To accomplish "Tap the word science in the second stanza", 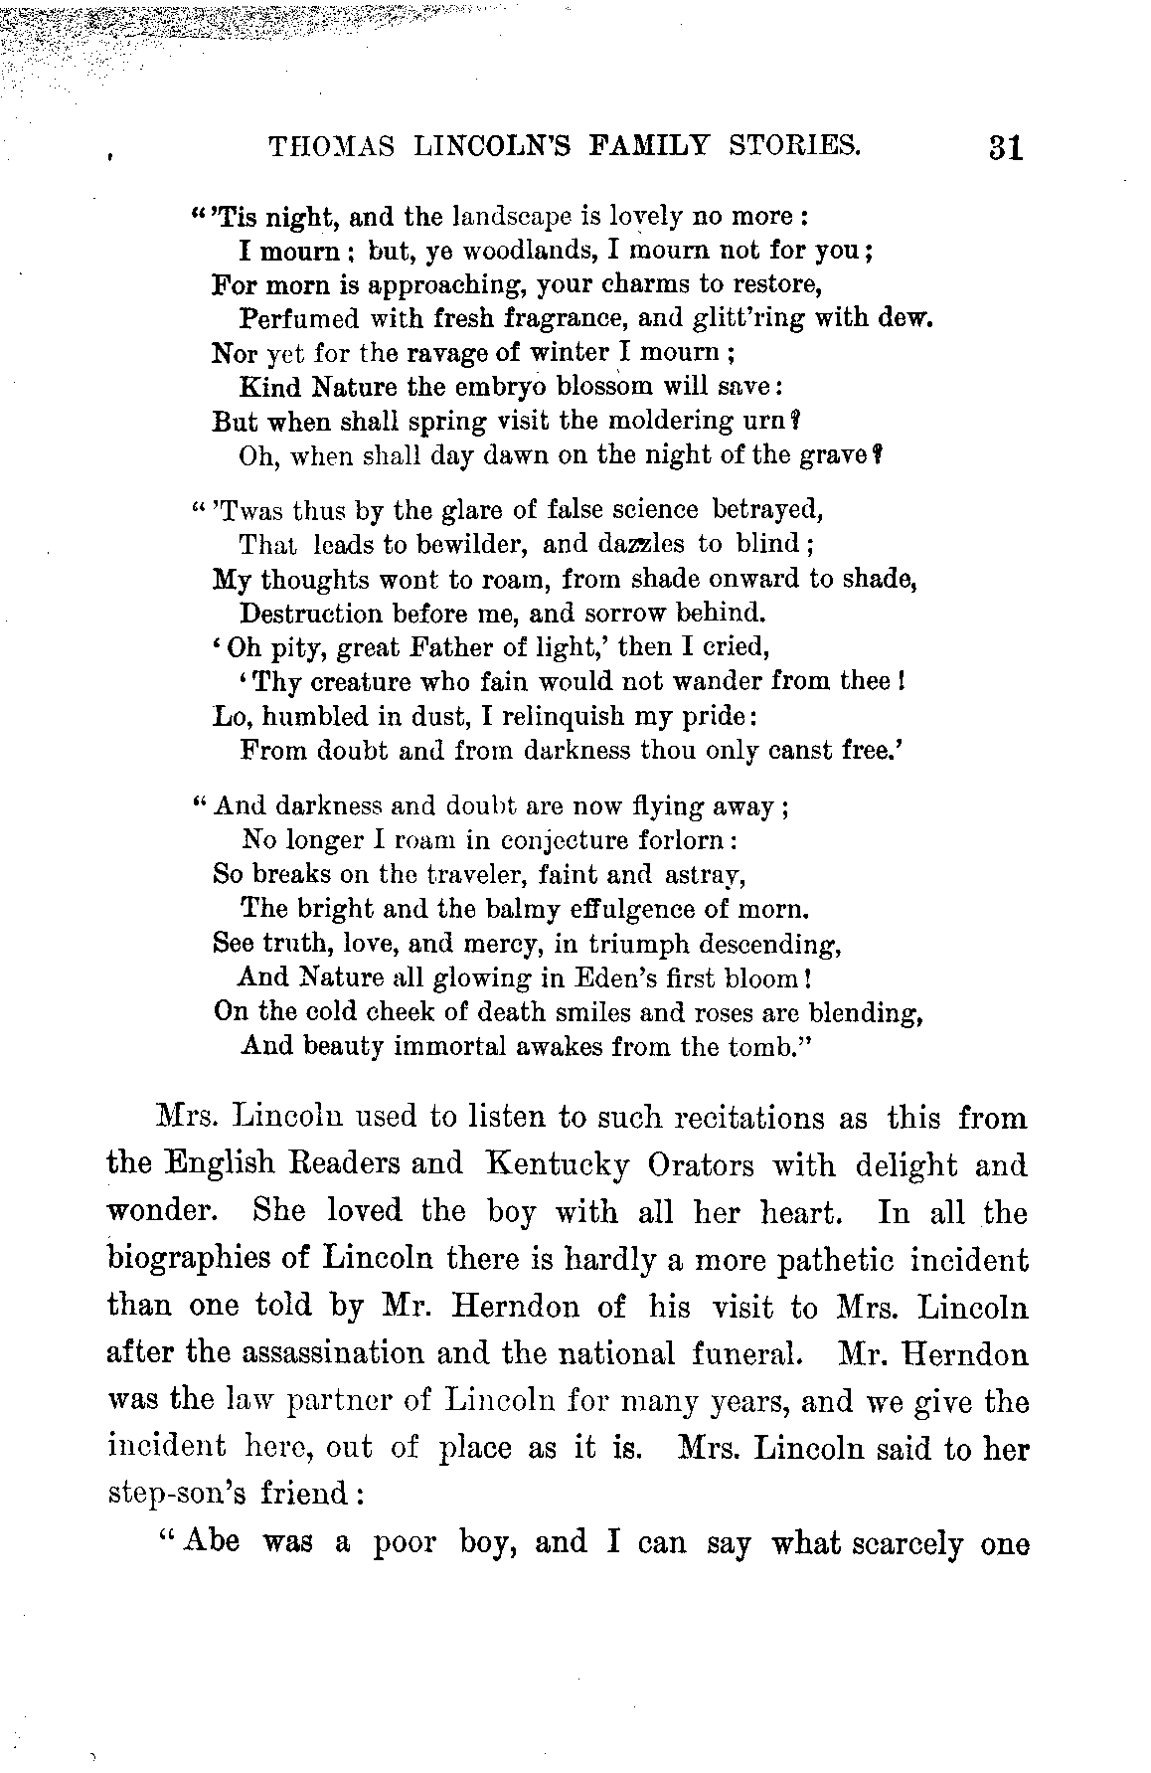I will click(656, 510).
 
